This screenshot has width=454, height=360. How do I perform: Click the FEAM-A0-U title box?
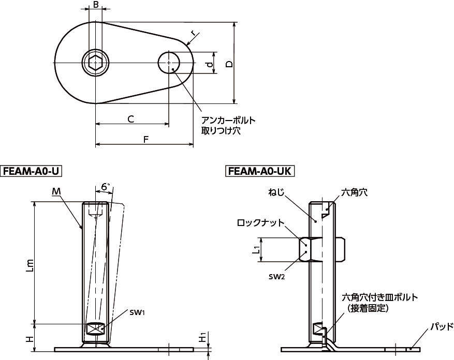coord(32,171)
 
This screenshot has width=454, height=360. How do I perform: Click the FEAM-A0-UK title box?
coord(259,171)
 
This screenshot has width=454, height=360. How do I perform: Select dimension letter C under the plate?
coord(131,119)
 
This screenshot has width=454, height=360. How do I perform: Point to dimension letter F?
coord(146,140)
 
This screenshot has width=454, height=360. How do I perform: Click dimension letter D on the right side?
coord(229,64)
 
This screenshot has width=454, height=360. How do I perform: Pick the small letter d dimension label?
coord(210,64)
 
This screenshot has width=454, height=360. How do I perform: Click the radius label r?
coord(193,33)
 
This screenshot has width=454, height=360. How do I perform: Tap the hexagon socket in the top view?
coord(96,63)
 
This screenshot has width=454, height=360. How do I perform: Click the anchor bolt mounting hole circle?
coord(169,63)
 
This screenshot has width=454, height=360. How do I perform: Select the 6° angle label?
coord(106,187)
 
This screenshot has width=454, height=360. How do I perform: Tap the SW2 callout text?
coord(277,277)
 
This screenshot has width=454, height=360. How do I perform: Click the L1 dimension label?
coord(255,249)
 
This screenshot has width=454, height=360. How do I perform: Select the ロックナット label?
coord(260,223)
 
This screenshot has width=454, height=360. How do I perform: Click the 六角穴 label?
coord(355,192)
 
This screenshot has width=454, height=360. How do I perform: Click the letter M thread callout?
coord(56,191)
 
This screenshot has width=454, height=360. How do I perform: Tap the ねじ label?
coord(277,192)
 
